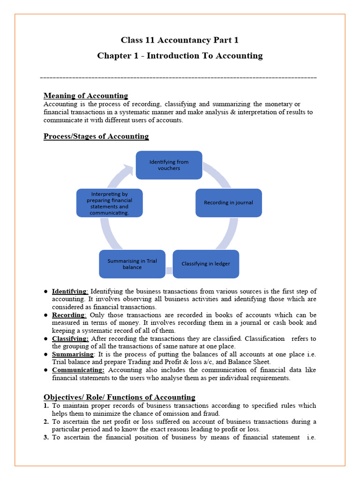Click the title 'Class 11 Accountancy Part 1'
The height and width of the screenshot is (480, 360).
[x=180, y=40]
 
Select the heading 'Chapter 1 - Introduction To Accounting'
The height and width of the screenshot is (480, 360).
[x=180, y=56]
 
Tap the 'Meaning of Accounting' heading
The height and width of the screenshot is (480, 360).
[x=85, y=96]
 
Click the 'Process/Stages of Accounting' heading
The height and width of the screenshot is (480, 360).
[x=96, y=136]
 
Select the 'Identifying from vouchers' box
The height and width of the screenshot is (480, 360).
[x=169, y=165]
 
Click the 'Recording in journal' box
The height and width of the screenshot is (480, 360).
[x=228, y=202]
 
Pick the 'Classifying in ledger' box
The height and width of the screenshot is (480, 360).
[x=206, y=264]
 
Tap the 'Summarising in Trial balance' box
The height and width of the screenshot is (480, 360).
[x=132, y=264]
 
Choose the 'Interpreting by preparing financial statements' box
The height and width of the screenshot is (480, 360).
[x=109, y=203]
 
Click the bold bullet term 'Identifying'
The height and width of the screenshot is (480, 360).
[x=69, y=291]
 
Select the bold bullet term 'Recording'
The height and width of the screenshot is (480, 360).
[x=68, y=315]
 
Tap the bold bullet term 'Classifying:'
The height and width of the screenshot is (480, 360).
[x=70, y=338]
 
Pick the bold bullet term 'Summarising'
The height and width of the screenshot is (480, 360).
[x=73, y=354]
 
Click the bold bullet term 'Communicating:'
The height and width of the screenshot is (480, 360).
[x=78, y=370]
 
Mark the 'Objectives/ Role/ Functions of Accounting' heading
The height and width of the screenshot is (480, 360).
[x=120, y=397]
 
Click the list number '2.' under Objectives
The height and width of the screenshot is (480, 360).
[x=46, y=421]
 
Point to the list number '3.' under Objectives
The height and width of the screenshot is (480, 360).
[x=46, y=437]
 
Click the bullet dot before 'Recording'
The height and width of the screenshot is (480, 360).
[x=45, y=315]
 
